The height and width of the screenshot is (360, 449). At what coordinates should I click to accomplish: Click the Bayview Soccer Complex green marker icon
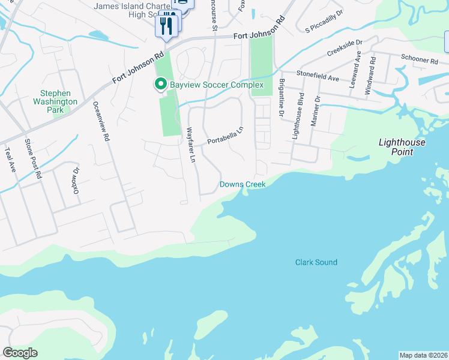(160, 85)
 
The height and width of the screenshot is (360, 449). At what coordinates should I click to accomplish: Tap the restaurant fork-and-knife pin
(166, 26)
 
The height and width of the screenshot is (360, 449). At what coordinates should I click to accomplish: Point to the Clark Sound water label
(316, 262)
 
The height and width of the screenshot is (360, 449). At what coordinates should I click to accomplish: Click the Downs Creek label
(243, 184)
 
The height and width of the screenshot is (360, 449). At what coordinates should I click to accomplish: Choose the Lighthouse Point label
(402, 147)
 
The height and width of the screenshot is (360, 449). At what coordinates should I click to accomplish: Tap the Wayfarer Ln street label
(191, 145)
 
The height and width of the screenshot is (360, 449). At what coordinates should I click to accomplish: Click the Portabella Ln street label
(226, 135)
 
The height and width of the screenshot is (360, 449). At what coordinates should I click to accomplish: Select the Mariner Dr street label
(315, 110)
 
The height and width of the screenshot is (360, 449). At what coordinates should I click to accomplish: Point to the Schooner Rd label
(420, 61)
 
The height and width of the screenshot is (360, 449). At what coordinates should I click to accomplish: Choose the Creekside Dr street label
(345, 49)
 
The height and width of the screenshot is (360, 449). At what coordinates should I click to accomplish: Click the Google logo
(20, 353)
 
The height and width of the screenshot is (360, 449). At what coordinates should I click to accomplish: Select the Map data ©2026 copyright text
(423, 355)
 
